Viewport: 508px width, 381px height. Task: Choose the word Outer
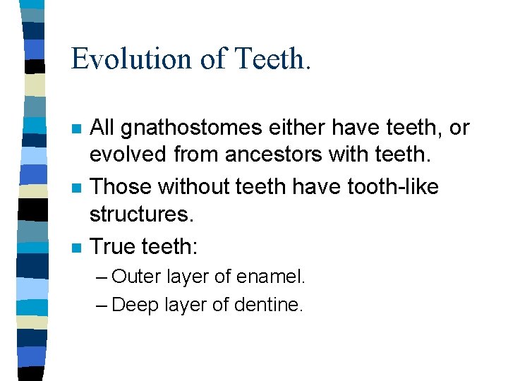tap(137, 277)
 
